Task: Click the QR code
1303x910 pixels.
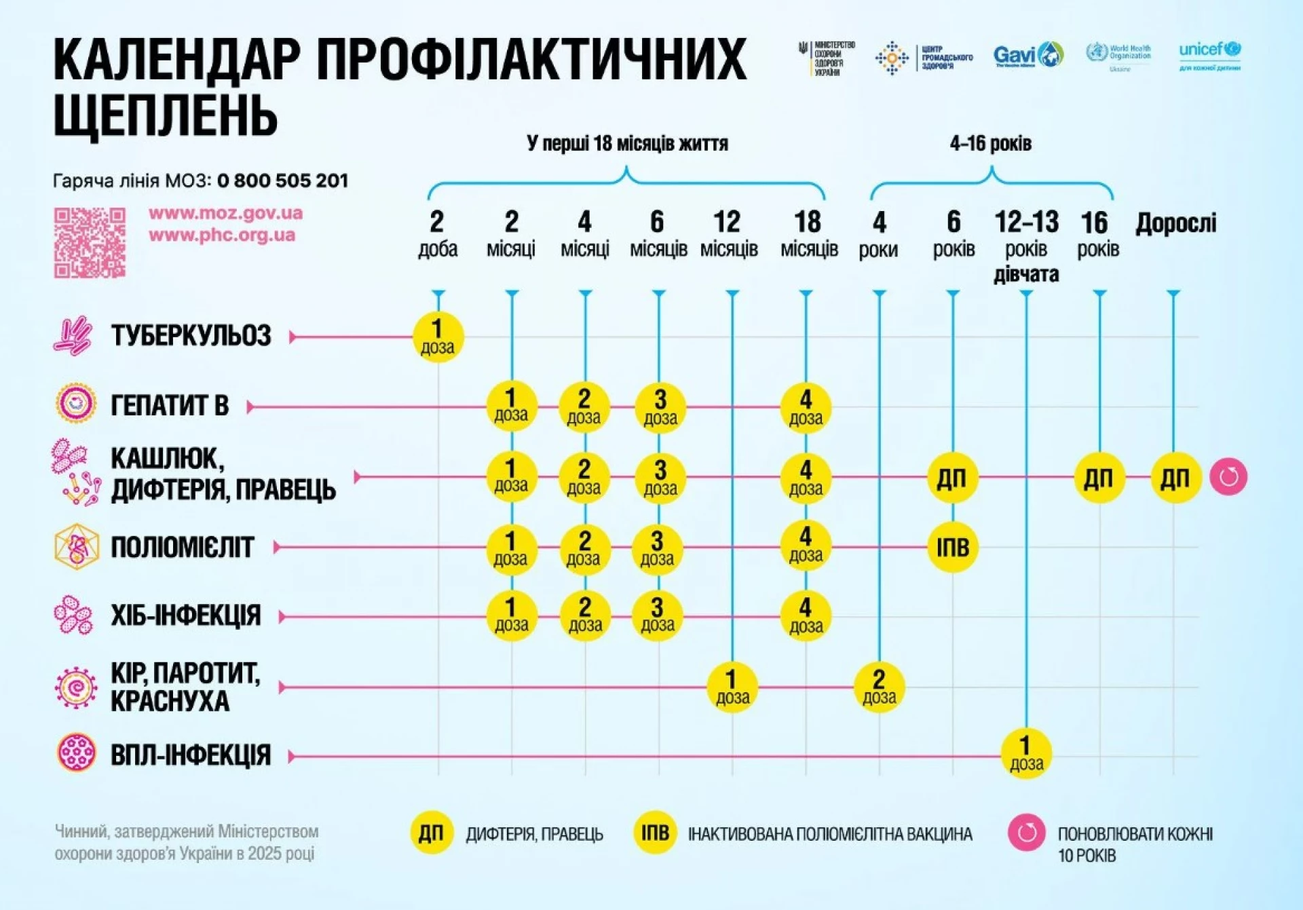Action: (x=90, y=243)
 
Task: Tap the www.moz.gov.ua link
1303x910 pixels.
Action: (x=225, y=213)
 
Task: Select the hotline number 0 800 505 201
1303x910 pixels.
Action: (x=282, y=181)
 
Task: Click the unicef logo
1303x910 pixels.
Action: (x=1209, y=54)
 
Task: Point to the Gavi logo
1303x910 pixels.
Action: (x=1027, y=55)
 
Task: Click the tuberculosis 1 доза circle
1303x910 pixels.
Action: (x=438, y=337)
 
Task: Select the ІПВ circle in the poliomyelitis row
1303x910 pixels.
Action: (x=952, y=547)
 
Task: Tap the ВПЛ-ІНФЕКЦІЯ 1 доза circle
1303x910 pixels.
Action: (x=1026, y=753)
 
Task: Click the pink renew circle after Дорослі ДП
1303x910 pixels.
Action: (x=1228, y=477)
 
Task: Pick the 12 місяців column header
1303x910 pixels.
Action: (x=728, y=234)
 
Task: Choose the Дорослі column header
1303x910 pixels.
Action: (x=1175, y=223)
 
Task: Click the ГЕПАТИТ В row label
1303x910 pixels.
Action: (x=170, y=406)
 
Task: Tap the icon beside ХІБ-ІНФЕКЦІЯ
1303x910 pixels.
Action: (x=73, y=615)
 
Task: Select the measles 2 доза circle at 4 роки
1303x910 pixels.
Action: (x=879, y=687)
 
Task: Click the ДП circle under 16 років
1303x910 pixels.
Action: (x=1099, y=478)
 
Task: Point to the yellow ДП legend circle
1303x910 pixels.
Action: (x=431, y=833)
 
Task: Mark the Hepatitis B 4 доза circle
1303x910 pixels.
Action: (x=806, y=407)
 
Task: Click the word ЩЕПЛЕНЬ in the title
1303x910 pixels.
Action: (x=166, y=115)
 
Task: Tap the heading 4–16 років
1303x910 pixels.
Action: (x=990, y=144)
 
